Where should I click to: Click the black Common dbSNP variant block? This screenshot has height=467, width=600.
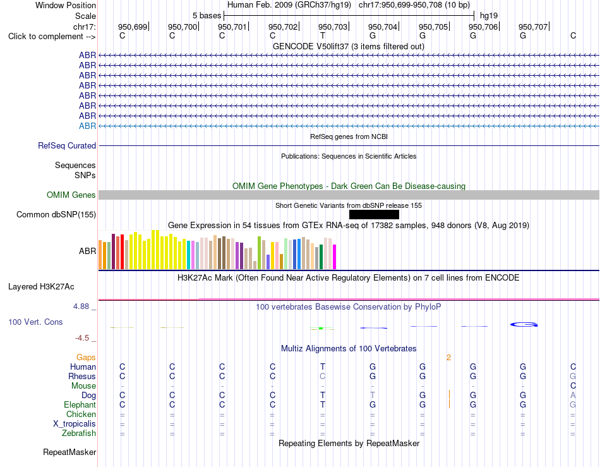pos(374,214)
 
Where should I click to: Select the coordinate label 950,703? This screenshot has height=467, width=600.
pos(332,27)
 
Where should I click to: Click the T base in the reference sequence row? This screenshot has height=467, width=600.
pos(323,35)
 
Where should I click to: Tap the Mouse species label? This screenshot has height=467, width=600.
pos(83,386)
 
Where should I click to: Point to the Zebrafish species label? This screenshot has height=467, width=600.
pos(79,434)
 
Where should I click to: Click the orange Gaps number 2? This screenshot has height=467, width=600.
pos(448,358)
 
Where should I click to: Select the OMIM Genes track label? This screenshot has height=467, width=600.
pos(71,195)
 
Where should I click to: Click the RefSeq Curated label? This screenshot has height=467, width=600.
pos(67,145)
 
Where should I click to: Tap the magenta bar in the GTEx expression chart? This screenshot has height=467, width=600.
pos(335,257)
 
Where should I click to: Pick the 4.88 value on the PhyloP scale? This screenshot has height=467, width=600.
pos(81,306)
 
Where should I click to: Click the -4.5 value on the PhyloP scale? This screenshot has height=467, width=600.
pos(82,338)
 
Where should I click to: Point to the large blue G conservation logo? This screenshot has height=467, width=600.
pos(524,325)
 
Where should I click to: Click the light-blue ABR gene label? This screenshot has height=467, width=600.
pos(87,126)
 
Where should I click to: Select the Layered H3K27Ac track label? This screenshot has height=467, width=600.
pos(41,287)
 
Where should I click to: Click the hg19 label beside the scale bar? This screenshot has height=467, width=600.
pos(489,16)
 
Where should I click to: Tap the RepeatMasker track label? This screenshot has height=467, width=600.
pos(69,452)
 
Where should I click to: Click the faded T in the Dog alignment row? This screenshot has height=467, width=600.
pos(373,395)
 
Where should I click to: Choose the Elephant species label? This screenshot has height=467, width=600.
pos(80,404)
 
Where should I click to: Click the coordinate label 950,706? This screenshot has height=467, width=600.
pos(483,27)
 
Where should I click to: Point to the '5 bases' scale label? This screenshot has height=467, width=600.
pos(207,16)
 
